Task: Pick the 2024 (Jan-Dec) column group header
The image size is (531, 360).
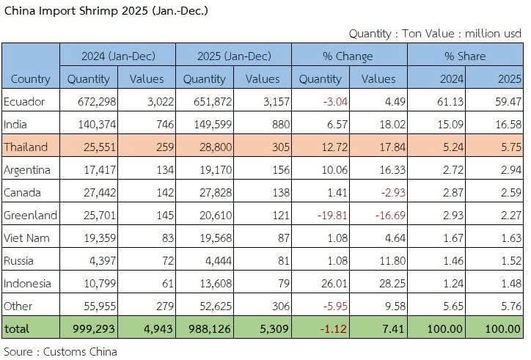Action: click(117, 56)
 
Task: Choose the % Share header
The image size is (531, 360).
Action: click(466, 56)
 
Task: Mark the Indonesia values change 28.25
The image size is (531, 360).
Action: click(381, 283)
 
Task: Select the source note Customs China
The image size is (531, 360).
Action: click(60, 351)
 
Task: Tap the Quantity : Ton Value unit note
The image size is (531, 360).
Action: click(434, 33)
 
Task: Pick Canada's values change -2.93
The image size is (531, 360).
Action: click(381, 192)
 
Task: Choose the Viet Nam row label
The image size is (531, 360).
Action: click(26, 238)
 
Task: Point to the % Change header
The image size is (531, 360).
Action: click(348, 56)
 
